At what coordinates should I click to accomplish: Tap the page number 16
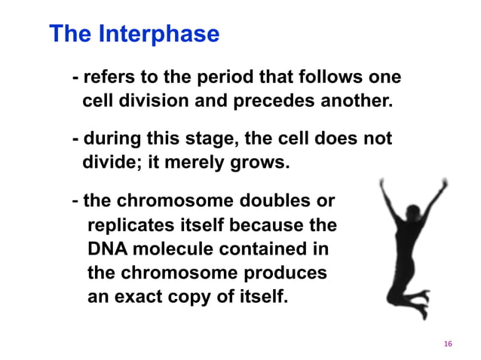click(x=448, y=343)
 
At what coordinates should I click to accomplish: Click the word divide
click(x=109, y=162)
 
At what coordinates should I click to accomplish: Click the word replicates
click(x=128, y=225)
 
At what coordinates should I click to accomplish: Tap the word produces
click(x=290, y=272)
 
